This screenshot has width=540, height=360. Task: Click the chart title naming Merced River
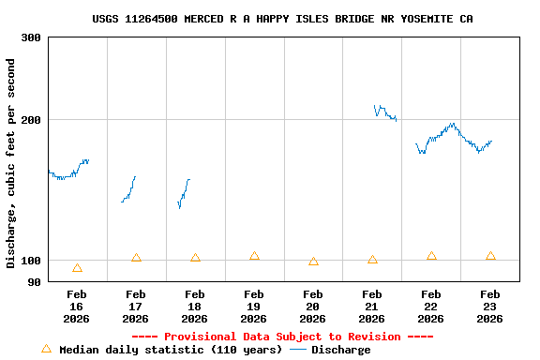[282, 19]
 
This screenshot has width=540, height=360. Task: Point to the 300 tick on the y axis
[31, 37]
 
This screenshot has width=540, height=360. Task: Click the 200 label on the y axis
[31, 120]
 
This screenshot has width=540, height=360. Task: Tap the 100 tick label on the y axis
[31, 260]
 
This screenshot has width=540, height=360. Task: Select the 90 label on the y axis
[34, 281]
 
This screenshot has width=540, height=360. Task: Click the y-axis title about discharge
[11, 163]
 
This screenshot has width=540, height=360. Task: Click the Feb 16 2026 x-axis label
[76, 307]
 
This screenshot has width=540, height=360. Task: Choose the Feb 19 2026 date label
[253, 307]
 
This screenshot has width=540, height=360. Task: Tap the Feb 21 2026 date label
[371, 307]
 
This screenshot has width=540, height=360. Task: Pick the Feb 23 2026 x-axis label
[489, 307]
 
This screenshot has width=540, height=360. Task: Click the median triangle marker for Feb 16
[77, 268]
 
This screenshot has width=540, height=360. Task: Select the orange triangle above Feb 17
[136, 258]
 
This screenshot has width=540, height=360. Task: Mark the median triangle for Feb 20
[313, 262]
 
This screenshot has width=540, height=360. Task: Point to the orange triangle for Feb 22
[431, 256]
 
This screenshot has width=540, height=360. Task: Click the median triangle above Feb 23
[490, 256]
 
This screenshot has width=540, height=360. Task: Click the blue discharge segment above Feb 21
[384, 112]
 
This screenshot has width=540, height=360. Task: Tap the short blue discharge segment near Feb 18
[184, 192]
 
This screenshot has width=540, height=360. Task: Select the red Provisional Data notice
[282, 337]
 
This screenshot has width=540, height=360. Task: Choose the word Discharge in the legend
[340, 350]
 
